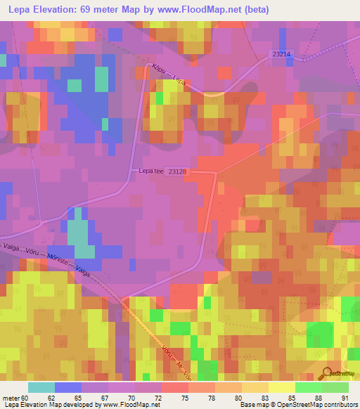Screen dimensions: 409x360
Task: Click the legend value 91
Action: point(344,398)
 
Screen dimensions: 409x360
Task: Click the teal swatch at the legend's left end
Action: point(41,387)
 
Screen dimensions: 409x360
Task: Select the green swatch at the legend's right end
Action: point(335,387)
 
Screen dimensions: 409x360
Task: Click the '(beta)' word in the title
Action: point(255,10)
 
